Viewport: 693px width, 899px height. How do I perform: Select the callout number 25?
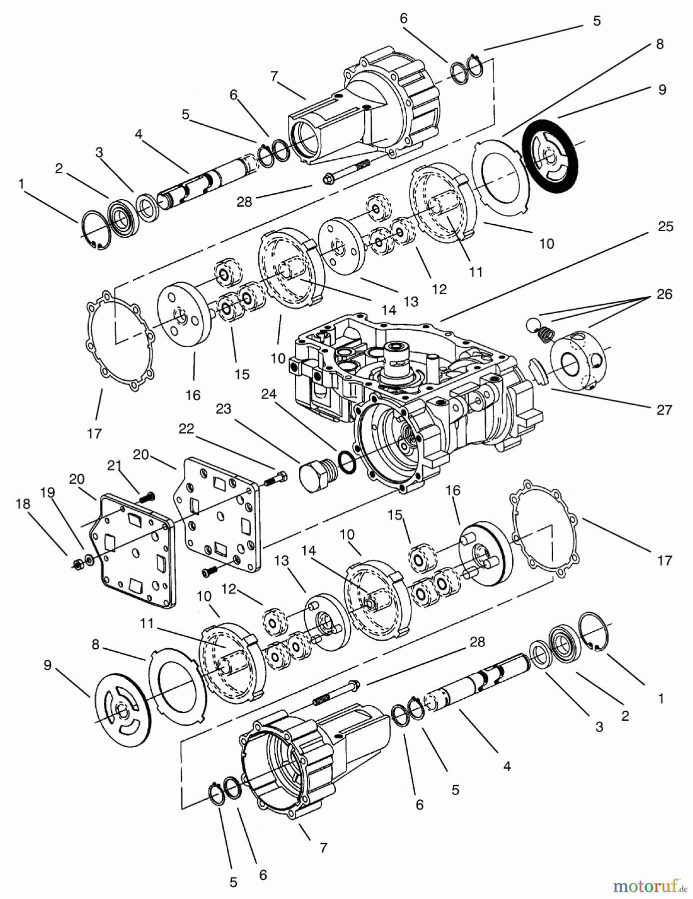[x=665, y=226]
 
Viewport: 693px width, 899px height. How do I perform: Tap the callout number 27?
[x=664, y=410]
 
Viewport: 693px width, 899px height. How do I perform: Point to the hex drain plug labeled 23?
[x=316, y=477]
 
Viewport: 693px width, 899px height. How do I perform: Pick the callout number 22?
[x=186, y=429]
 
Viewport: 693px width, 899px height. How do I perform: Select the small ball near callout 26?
[x=531, y=325]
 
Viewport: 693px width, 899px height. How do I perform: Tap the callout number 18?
[x=22, y=504]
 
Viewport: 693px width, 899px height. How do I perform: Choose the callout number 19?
[x=47, y=492]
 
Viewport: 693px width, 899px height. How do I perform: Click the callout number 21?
[x=114, y=466]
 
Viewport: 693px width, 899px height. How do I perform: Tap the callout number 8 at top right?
[x=660, y=44]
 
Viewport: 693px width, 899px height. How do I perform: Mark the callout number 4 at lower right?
[x=507, y=766]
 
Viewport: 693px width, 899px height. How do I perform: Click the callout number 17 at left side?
[x=94, y=434]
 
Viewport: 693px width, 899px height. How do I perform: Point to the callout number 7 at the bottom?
[x=323, y=847]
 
